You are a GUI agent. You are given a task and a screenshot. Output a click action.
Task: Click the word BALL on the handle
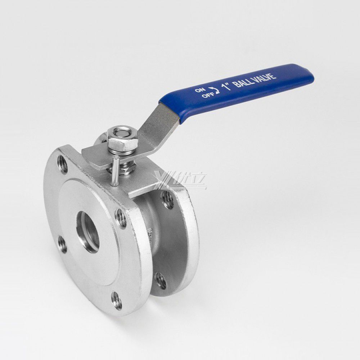242,82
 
